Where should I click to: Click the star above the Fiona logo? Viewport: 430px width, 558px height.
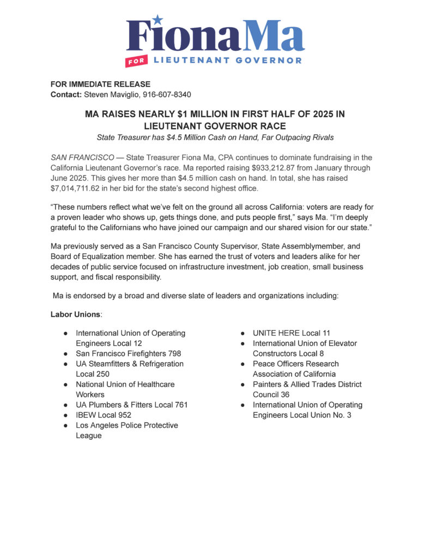158,20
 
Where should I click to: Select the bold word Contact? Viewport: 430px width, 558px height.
65,94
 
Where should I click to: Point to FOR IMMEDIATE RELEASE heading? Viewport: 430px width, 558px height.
100,84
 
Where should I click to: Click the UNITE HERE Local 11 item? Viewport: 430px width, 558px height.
291,333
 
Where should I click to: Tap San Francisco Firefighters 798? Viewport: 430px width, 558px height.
128,353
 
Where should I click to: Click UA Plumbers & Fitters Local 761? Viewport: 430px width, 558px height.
131,404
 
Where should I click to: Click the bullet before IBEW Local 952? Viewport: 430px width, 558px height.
65,415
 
